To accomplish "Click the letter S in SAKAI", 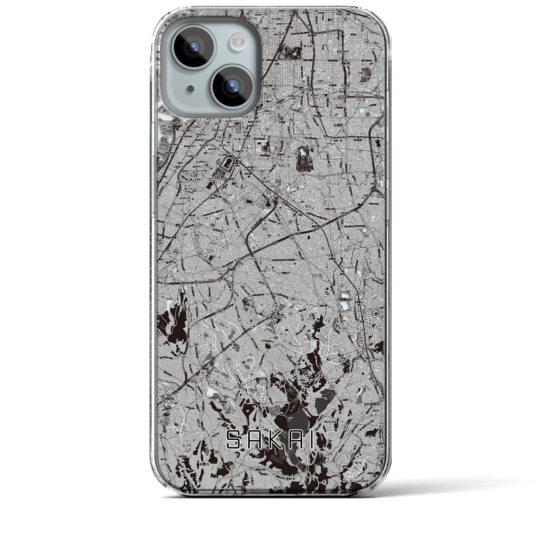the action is click(x=233, y=440).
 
